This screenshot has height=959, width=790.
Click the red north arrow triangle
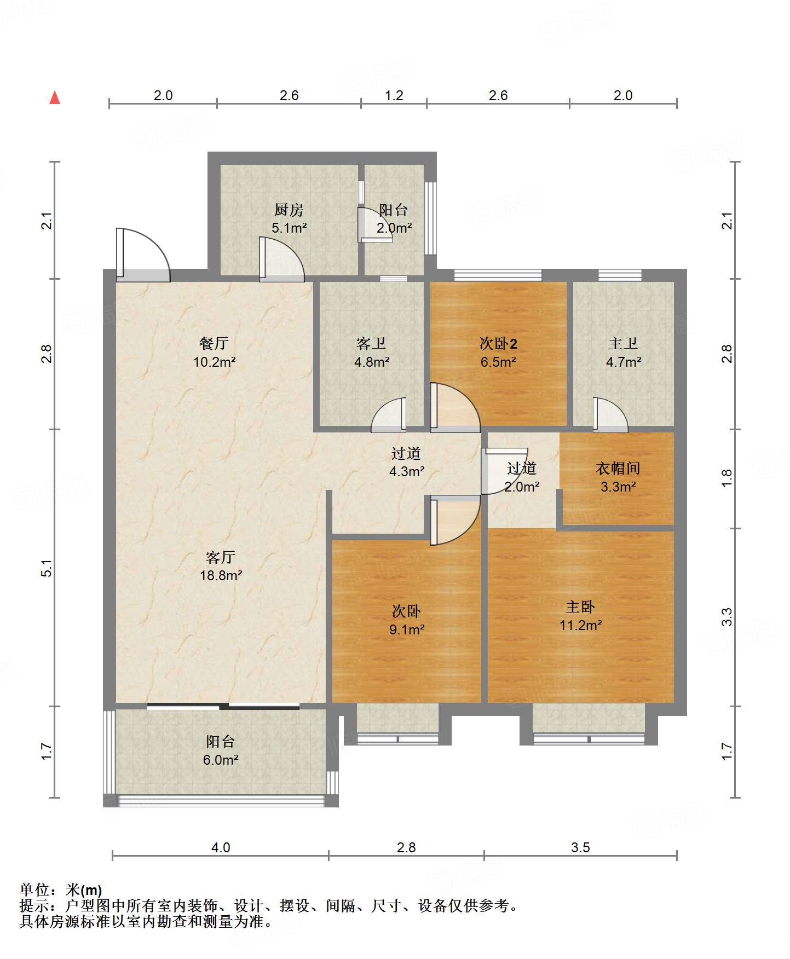(55, 97)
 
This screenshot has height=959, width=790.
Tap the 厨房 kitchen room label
(289, 210)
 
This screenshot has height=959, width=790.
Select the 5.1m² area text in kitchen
(289, 228)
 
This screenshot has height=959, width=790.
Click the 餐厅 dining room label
(214, 343)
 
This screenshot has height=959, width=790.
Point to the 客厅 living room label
(221, 557)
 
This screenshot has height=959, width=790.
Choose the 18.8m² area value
(221, 575)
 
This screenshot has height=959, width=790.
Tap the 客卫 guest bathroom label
(371, 343)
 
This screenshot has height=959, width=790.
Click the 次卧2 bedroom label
(498, 343)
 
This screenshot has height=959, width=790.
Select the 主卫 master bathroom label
(623, 343)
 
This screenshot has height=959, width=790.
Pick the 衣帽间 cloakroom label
(618, 468)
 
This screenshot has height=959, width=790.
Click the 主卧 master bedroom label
(580, 606)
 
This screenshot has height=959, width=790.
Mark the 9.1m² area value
(407, 629)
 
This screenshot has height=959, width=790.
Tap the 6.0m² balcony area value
(221, 760)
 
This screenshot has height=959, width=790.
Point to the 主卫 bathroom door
(610, 413)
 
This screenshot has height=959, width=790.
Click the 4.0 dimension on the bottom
(221, 847)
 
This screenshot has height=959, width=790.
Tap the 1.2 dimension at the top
(394, 95)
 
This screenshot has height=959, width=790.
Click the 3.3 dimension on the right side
(726, 617)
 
